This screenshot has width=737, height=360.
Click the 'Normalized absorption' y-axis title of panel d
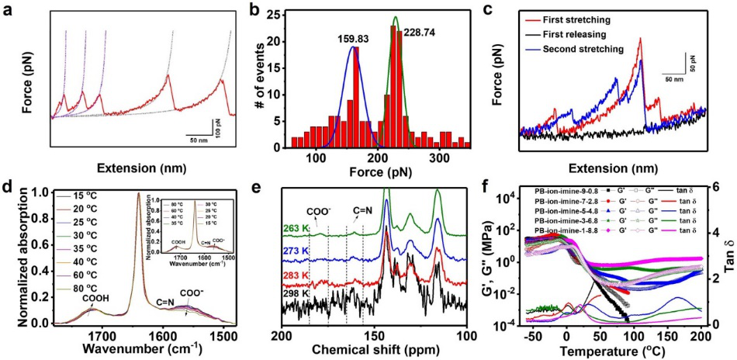tap(11, 252)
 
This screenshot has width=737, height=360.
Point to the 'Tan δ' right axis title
tap(727, 253)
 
